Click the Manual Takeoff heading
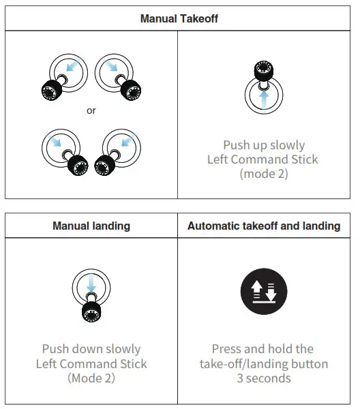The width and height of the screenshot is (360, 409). point(179,18)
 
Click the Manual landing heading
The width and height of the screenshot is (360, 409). point(91,226)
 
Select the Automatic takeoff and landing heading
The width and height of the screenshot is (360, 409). point(264,226)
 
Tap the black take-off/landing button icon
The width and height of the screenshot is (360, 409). point(263,292)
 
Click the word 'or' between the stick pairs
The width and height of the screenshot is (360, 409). point(91,111)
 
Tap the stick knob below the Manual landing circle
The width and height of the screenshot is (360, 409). point(91,312)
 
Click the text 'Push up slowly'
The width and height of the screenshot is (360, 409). point(263,145)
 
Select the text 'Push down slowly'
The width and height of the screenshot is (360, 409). point(91,349)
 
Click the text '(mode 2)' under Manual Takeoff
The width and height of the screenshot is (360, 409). point(263,174)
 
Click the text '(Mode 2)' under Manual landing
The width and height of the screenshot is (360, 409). point(91,378)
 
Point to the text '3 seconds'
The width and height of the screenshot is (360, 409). point(263,378)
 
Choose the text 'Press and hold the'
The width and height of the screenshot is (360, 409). point(263,349)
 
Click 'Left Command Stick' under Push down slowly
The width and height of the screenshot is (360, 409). point(91,363)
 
